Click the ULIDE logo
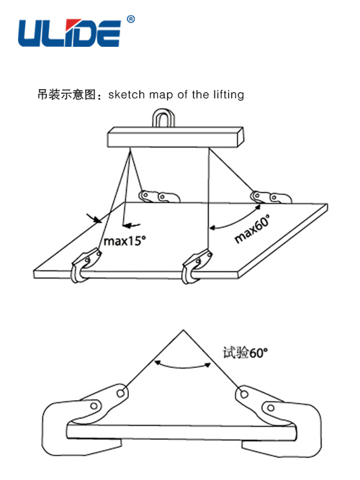(69, 33)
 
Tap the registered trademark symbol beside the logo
(130, 19)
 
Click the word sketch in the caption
(126, 94)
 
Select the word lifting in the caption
(228, 94)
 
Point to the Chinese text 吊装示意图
(66, 94)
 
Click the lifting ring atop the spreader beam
(163, 118)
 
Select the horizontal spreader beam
(176, 137)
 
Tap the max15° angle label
(125, 241)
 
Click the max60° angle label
(252, 229)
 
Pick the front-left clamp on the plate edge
(86, 265)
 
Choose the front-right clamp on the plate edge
(196, 266)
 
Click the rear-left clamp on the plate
(158, 196)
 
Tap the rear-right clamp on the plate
(271, 197)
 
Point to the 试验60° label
(245, 353)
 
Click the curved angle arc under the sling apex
(183, 366)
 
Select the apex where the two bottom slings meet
(183, 330)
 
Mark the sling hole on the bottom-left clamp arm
(121, 393)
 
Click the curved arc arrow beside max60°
(238, 219)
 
